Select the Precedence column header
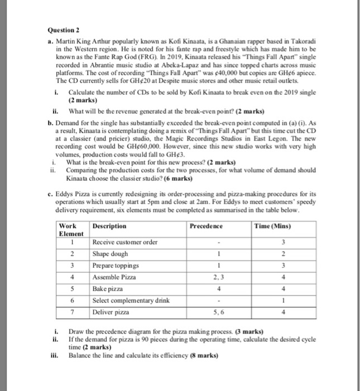206,226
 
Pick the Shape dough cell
109,254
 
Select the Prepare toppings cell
116,266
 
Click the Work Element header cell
71,230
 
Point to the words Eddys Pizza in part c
76,194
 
